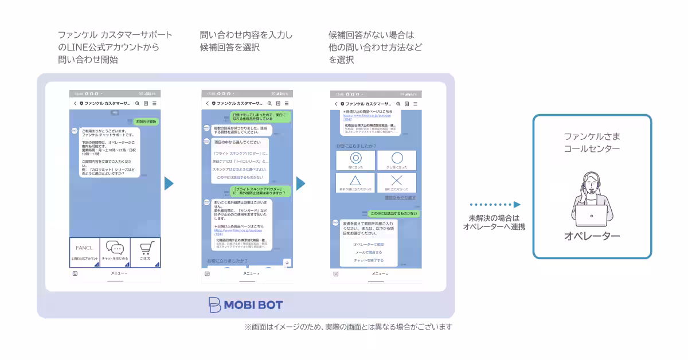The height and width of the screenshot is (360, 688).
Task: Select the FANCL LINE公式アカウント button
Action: click(85, 252)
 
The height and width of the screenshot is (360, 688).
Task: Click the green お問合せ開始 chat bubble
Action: click(146, 122)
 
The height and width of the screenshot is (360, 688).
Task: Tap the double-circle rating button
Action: click(355, 160)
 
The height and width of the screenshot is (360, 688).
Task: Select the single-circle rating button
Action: click(397, 160)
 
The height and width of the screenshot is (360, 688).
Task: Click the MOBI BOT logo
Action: click(245, 304)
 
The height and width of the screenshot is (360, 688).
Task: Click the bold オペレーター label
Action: click(592, 236)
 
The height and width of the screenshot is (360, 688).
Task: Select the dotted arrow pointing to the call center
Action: click(494, 205)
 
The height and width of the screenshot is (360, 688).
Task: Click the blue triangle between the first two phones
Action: click(169, 183)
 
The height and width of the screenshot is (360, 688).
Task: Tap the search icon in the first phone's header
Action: click(137, 103)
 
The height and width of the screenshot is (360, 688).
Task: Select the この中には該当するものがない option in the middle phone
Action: click(240, 178)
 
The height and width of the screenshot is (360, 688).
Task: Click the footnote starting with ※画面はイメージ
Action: click(349, 327)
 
